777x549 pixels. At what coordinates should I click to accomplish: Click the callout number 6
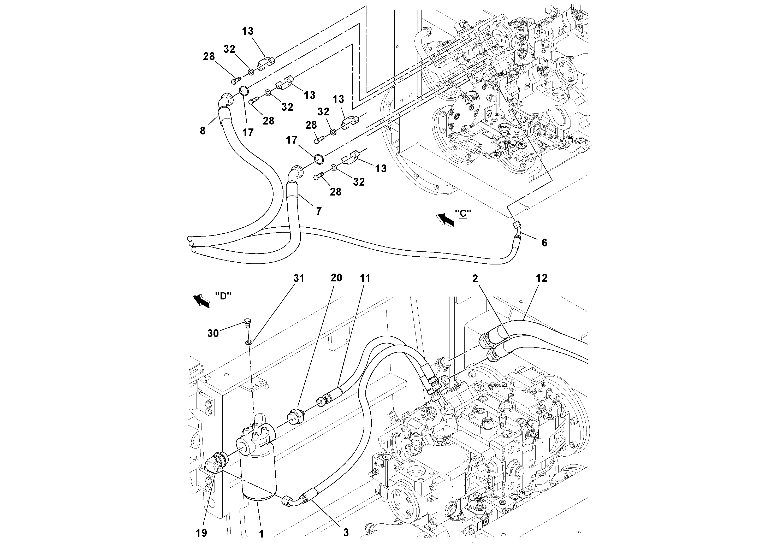[x=544, y=243]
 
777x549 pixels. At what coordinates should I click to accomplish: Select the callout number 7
[x=318, y=211]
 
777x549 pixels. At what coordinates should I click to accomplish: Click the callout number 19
[x=201, y=533]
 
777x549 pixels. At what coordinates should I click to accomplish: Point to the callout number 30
[x=213, y=333]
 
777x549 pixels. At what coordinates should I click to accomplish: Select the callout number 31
[x=299, y=278]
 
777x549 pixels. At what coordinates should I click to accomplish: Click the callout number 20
[x=336, y=278]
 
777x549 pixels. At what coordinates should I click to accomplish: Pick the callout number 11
[x=365, y=278]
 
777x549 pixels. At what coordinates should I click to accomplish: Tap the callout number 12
[x=542, y=278]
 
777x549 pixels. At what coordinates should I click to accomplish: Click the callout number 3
[x=346, y=532]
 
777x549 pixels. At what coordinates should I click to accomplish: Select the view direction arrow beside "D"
[x=201, y=300]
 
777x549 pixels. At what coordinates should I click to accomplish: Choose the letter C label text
[x=463, y=214]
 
